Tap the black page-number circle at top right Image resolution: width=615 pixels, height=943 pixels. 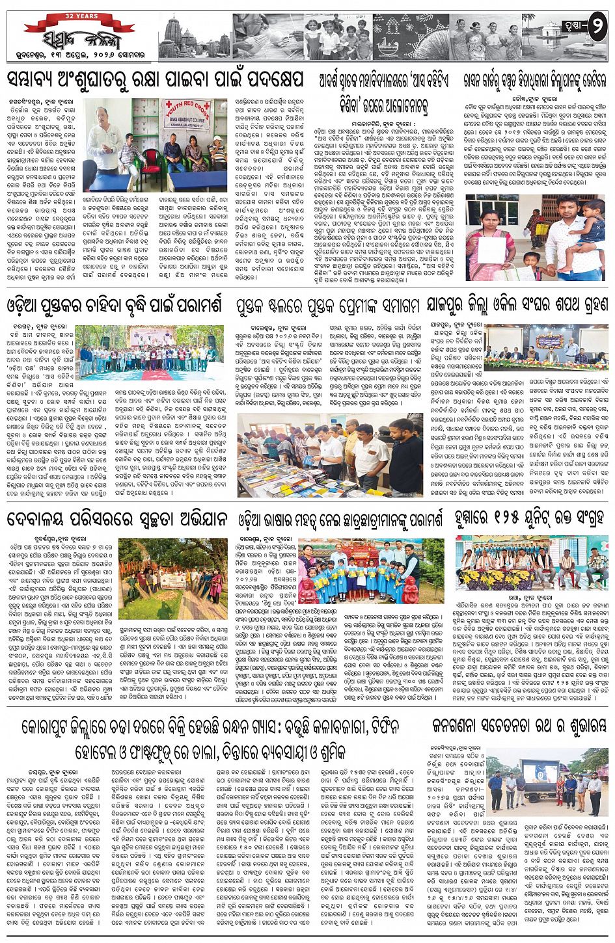(597, 27)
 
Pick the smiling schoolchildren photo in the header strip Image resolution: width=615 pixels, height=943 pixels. (338, 36)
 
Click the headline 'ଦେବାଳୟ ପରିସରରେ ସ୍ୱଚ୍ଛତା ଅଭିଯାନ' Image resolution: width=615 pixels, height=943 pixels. (117, 519)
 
